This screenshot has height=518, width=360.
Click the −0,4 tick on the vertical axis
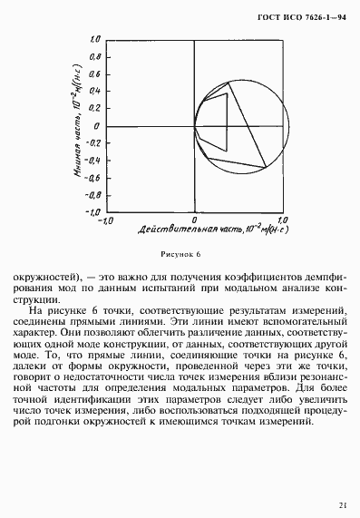click(91, 161)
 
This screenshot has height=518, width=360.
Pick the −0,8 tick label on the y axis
click(91, 194)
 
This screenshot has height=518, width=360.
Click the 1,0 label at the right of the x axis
click(281, 220)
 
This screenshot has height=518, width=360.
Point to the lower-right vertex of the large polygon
click(266, 167)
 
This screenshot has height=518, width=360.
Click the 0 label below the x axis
click(194, 220)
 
